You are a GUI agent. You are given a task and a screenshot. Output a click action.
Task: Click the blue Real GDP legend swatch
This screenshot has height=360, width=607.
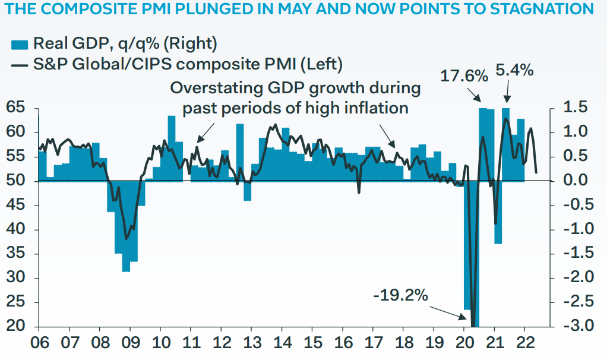click(20, 43)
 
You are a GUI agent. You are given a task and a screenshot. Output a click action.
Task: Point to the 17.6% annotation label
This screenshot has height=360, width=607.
click(464, 76)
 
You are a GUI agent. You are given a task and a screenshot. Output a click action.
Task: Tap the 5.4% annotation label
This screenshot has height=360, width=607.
click(514, 70)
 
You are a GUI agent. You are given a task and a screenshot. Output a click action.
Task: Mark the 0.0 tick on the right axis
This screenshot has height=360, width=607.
click(574, 181)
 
